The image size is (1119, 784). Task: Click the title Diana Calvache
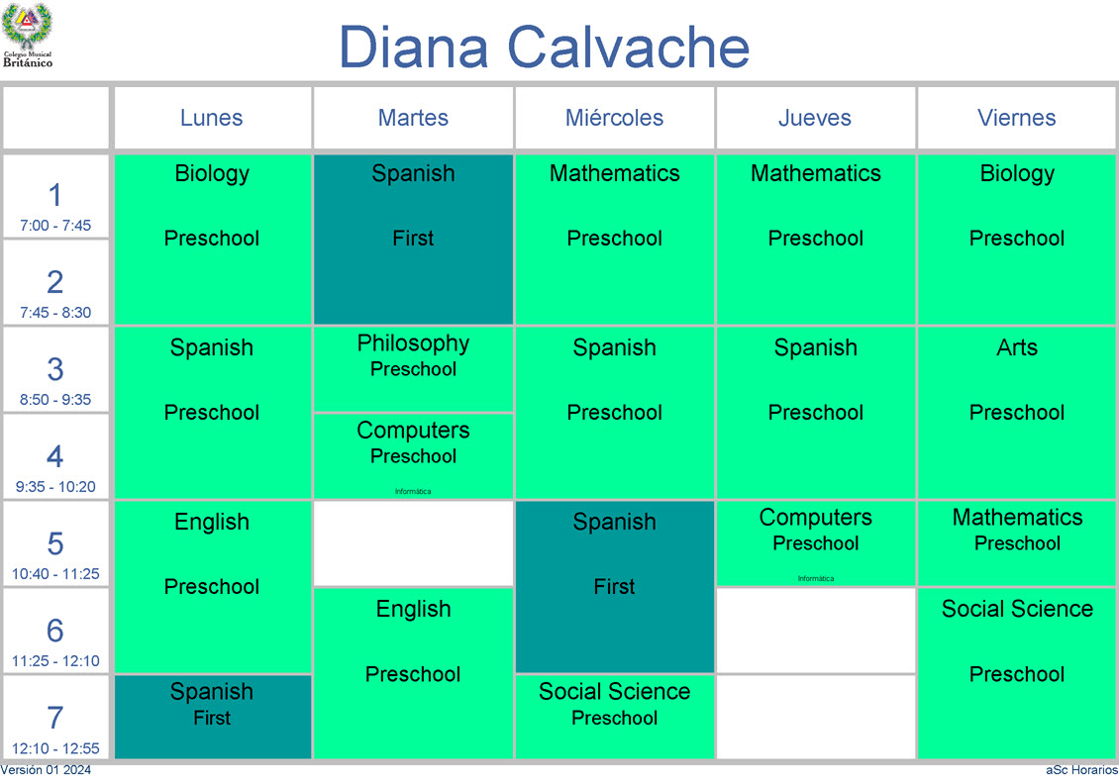(544, 48)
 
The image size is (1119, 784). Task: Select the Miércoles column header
(614, 118)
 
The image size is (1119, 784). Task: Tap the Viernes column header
(1016, 118)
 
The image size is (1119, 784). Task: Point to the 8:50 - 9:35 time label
(55, 400)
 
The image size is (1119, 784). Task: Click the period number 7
(54, 718)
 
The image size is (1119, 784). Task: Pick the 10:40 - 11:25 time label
(55, 573)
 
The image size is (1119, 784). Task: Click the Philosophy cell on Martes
(413, 369)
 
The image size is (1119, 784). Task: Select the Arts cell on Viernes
(1016, 413)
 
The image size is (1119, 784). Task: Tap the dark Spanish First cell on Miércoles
(614, 586)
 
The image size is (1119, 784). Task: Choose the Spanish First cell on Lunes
(213, 717)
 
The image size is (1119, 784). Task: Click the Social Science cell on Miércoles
(614, 717)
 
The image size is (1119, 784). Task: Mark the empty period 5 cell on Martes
(413, 542)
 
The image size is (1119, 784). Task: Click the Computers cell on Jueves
(816, 542)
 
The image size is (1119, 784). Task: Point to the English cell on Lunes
(213, 586)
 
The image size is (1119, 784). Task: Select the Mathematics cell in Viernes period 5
(1016, 542)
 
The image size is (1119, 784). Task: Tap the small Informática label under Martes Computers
(413, 492)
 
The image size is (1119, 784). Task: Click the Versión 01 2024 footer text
(46, 770)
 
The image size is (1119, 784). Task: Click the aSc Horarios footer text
(1082, 770)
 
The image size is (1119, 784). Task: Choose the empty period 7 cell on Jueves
(816, 717)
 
